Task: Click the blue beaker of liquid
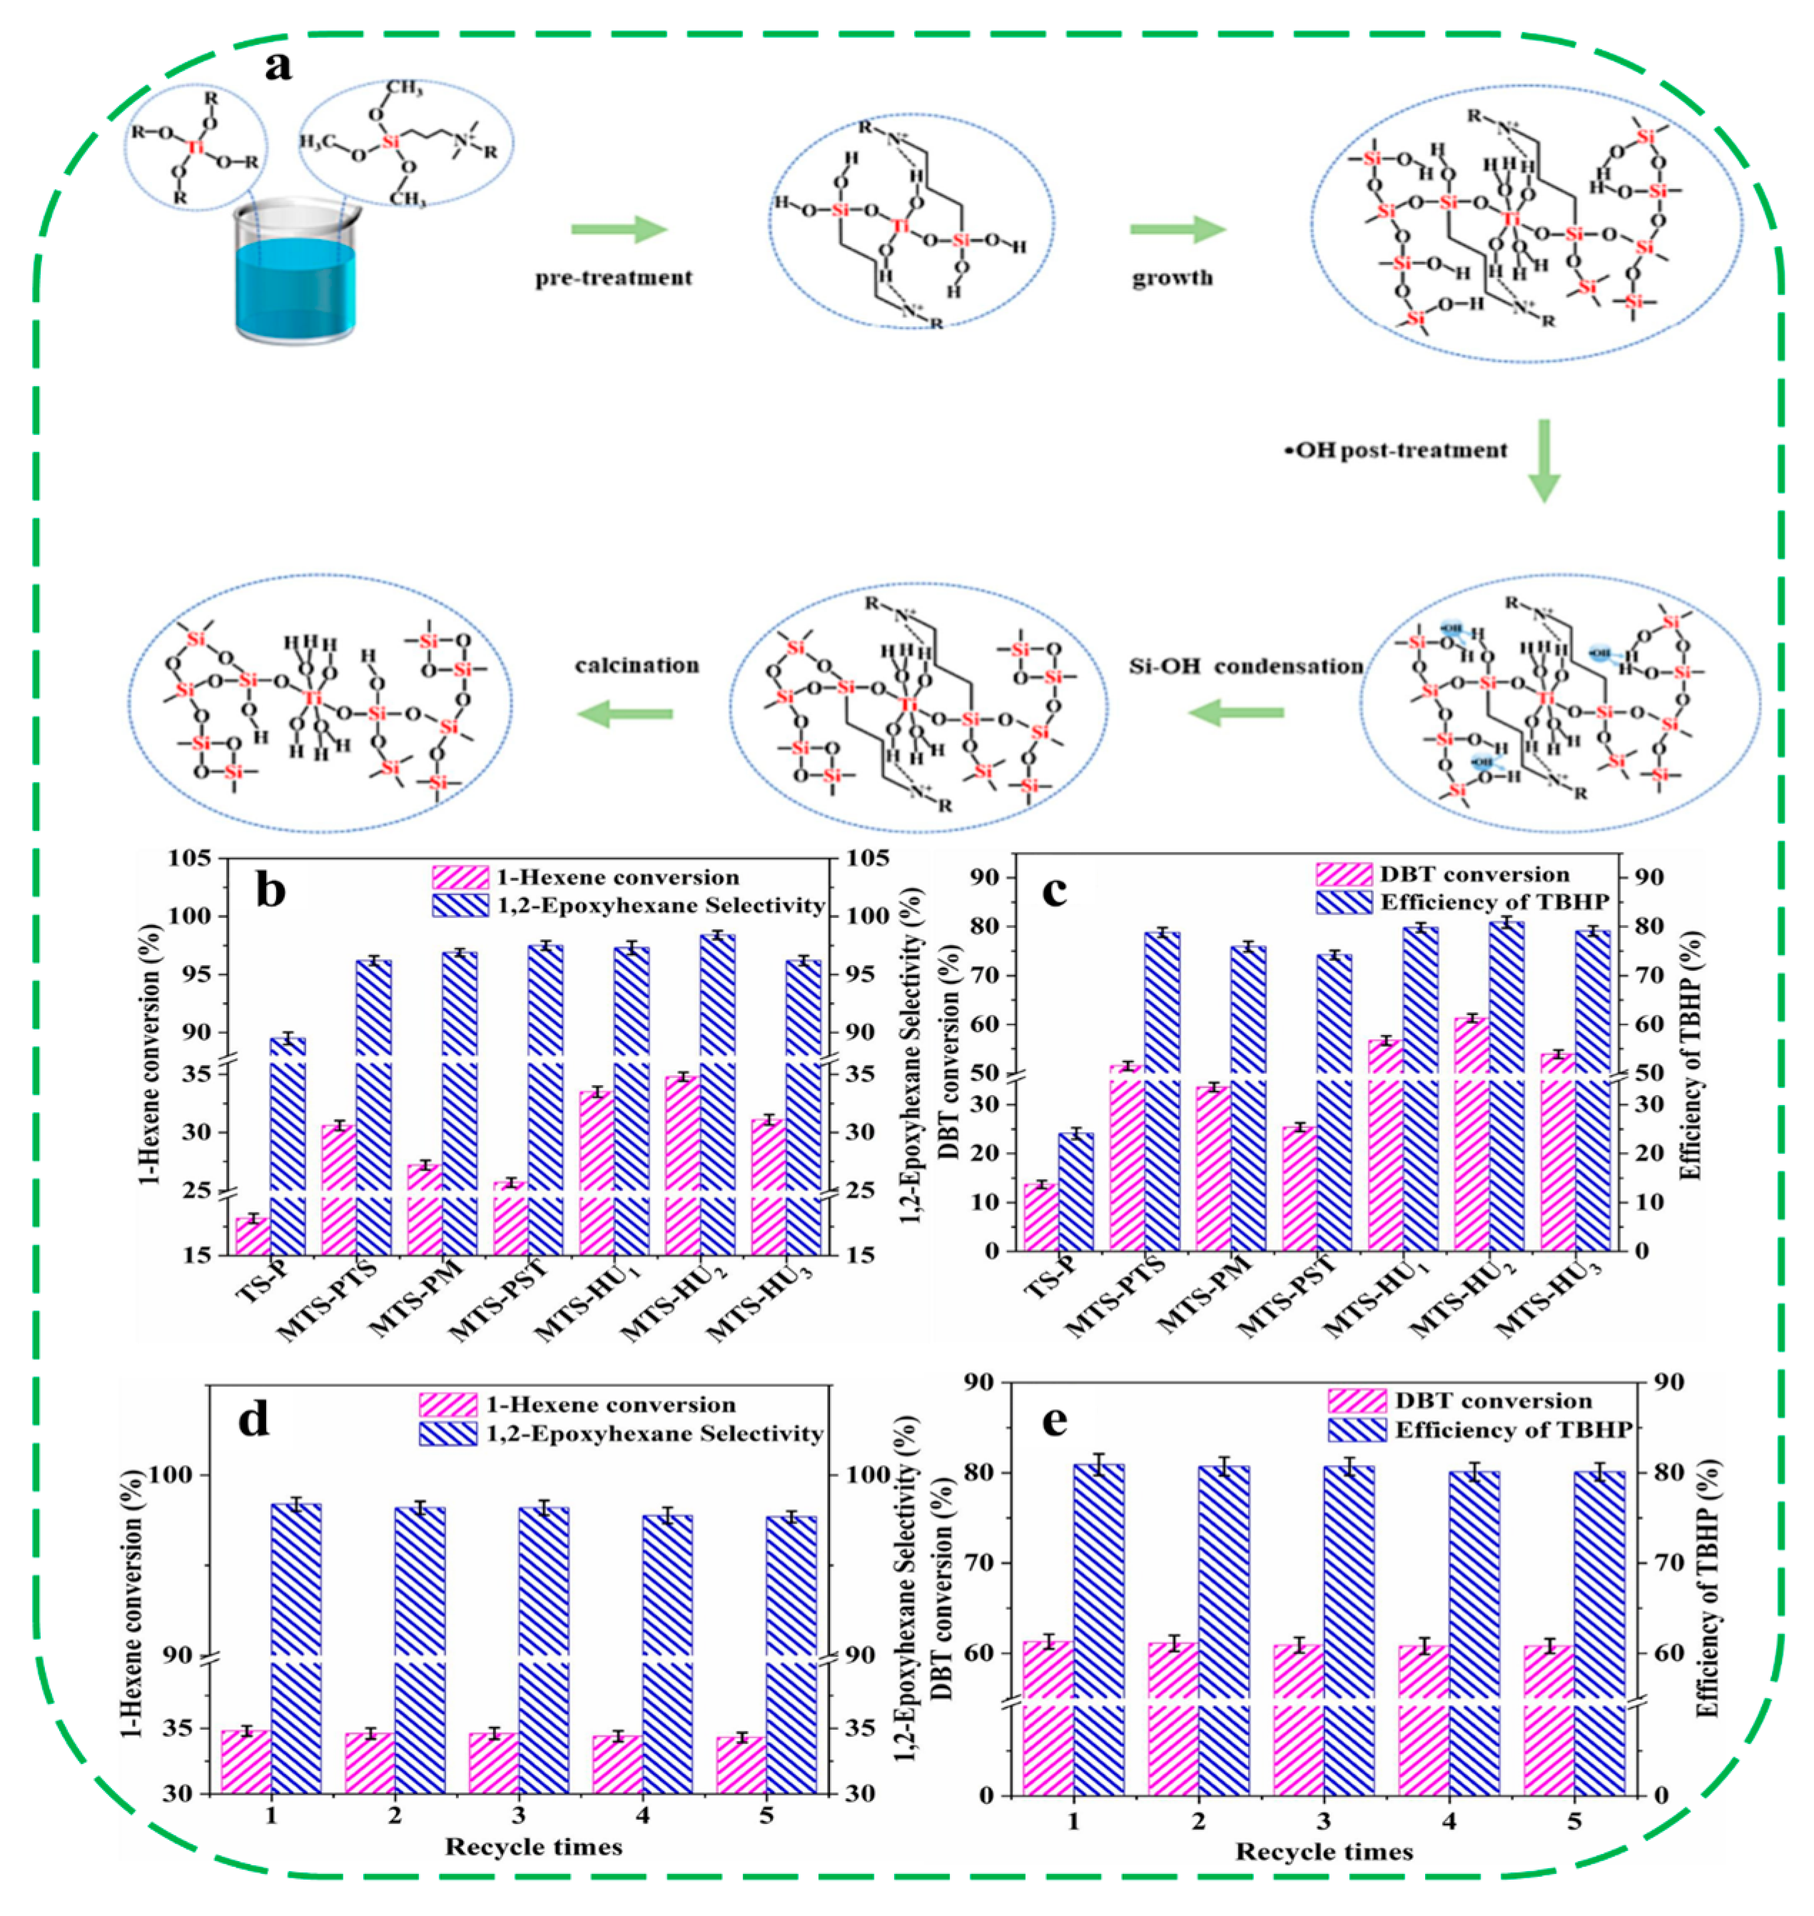tap(295, 281)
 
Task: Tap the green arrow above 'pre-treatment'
tap(619, 230)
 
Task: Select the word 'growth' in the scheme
tap(1172, 278)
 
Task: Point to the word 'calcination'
tap(637, 665)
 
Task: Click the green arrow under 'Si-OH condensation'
tap(1236, 714)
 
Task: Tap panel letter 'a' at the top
tap(278, 66)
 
